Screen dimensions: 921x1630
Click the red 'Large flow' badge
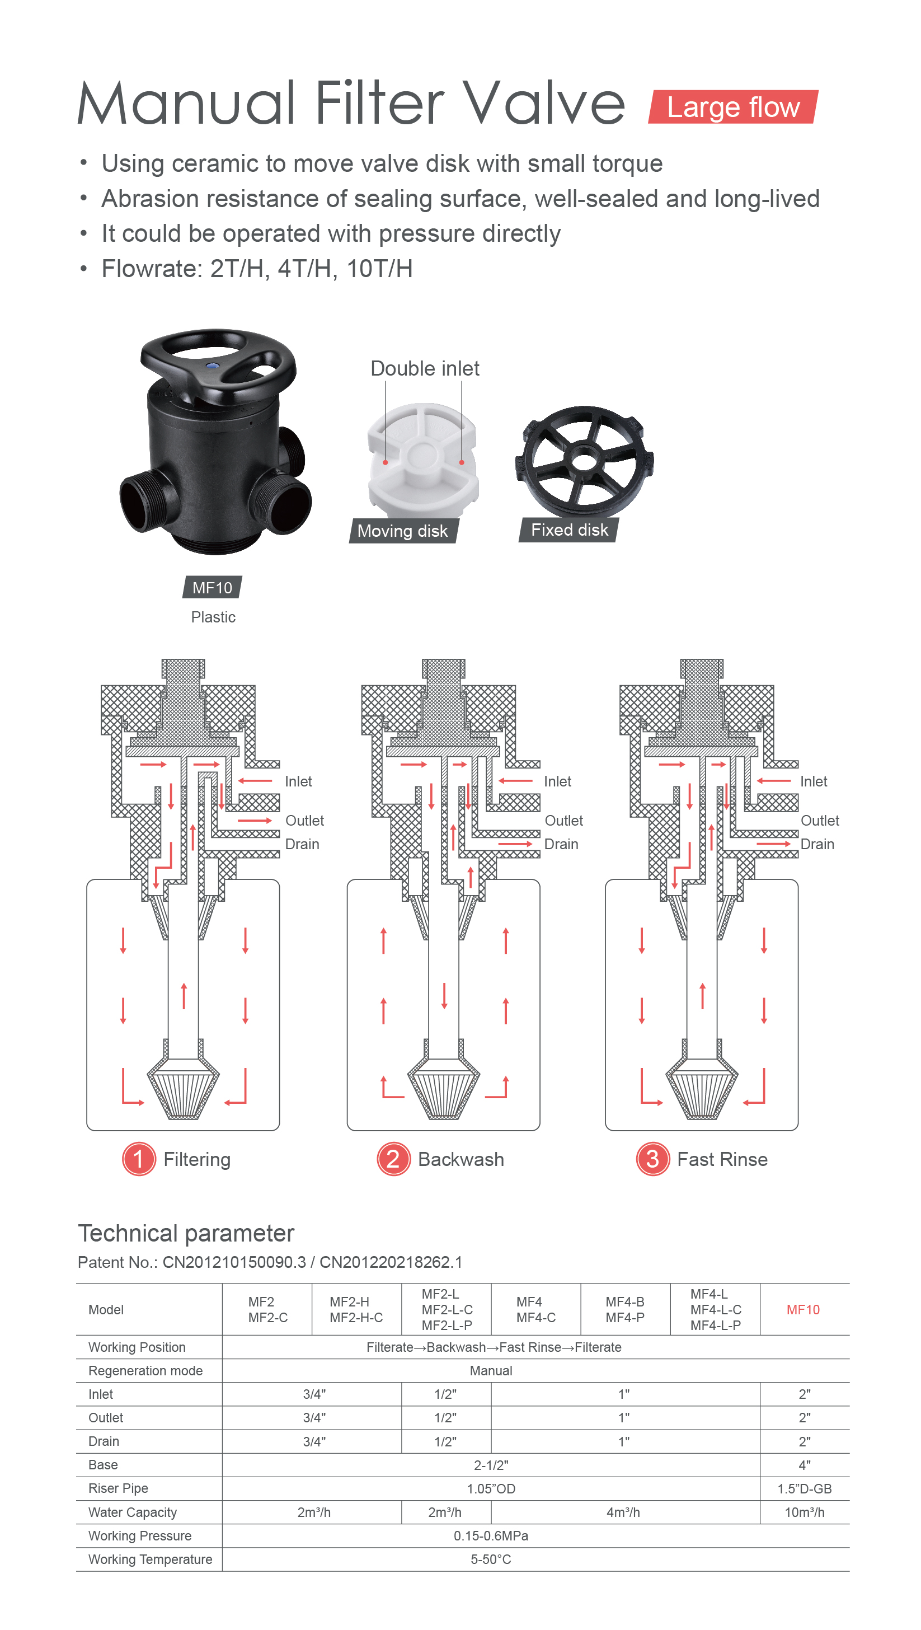coord(733,107)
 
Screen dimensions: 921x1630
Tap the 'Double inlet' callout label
coord(425,368)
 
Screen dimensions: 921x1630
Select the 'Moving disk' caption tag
coord(403,531)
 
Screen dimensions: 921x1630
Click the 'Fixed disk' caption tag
coord(568,530)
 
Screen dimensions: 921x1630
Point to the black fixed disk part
coord(584,461)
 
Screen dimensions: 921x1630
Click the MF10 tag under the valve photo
coord(213,587)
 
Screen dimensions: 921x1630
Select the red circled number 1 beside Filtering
coord(139,1159)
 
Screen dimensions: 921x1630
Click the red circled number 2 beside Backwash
coord(393,1159)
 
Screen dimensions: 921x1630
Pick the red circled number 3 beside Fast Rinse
coord(652,1159)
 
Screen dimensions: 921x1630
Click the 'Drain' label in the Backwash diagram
coord(561,844)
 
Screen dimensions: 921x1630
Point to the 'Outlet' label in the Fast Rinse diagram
coord(820,821)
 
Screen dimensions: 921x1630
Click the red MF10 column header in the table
coord(803,1310)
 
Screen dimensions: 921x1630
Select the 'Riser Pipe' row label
coord(118,1488)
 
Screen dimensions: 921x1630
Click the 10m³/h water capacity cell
coord(804,1512)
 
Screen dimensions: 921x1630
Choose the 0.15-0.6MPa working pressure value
coord(491,1536)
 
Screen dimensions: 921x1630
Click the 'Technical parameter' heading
coord(186,1233)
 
